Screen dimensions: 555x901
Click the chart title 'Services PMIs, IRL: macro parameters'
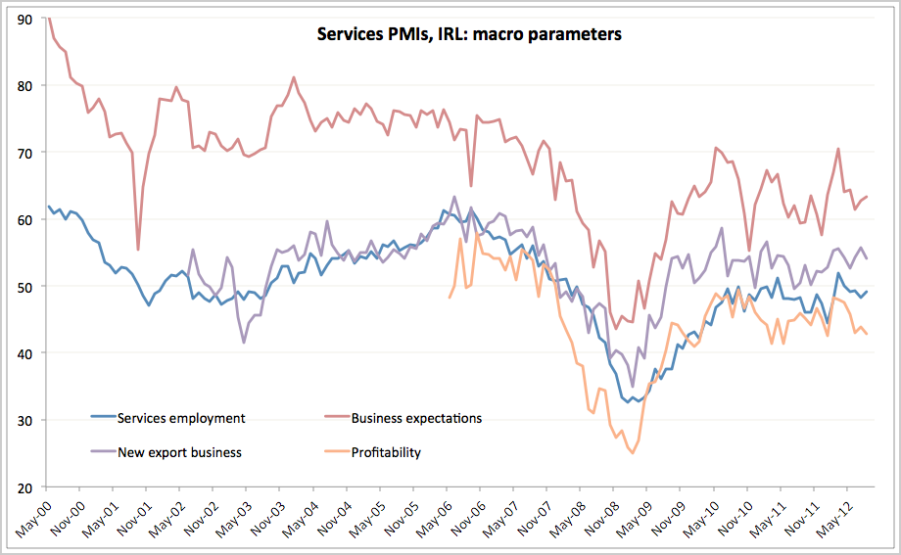(469, 34)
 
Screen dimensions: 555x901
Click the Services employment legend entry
(181, 418)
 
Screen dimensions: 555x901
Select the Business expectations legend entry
(417, 418)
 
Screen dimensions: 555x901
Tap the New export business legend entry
(179, 452)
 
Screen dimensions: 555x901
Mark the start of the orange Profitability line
(450, 297)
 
